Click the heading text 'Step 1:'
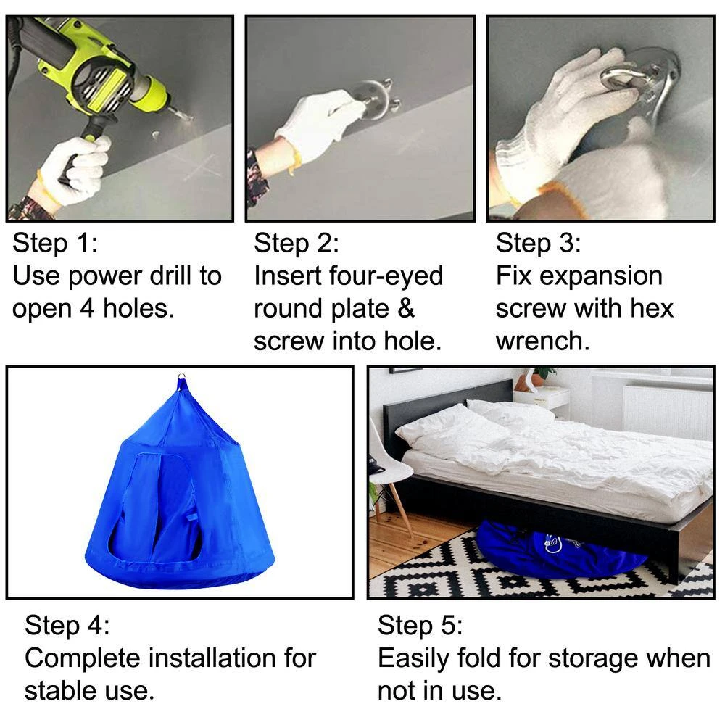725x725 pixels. click(x=55, y=243)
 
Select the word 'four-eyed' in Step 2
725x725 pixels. click(x=386, y=276)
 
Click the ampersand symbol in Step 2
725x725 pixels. click(x=405, y=308)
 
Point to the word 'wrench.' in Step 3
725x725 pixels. click(x=542, y=341)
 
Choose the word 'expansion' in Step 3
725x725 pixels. click(x=601, y=276)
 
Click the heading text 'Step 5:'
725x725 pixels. click(x=420, y=625)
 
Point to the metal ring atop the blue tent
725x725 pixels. click(x=182, y=376)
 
